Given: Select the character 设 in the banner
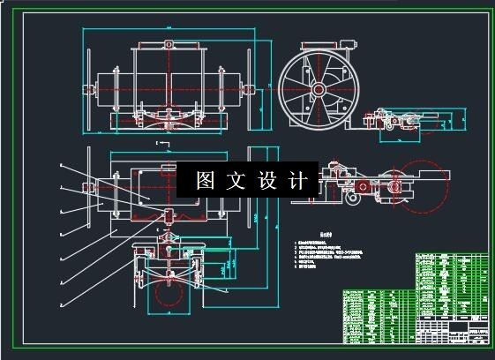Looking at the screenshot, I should [x=268, y=181].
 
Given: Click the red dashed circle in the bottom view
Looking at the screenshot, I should [x=168, y=295].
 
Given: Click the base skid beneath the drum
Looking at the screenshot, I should [x=168, y=119].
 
